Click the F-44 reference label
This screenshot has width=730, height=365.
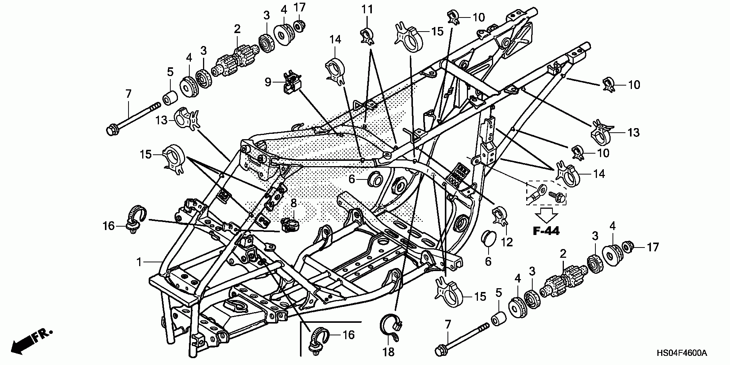[x=546, y=231]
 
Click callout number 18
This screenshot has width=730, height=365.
[x=388, y=352]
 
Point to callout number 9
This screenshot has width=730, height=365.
[x=268, y=82]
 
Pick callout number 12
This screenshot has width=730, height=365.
[x=507, y=242]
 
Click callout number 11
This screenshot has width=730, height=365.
[x=367, y=10]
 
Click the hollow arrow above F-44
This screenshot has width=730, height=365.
[x=546, y=215]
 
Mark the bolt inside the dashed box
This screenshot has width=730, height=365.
[x=556, y=196]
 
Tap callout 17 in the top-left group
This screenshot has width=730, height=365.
[x=300, y=8]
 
